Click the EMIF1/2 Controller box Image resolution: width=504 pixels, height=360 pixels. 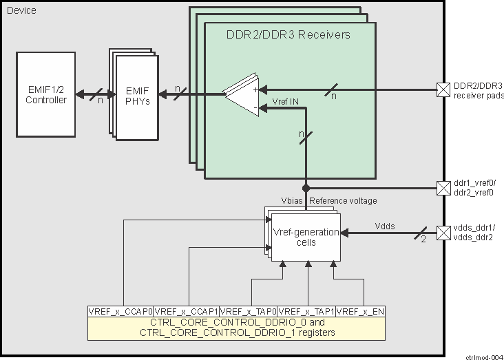point(46,94)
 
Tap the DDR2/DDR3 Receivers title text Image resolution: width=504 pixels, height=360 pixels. point(288,35)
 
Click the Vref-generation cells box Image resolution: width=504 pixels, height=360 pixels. point(305,237)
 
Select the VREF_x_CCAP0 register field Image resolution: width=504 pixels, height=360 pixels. point(120,312)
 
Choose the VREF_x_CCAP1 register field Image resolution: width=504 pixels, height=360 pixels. point(186,312)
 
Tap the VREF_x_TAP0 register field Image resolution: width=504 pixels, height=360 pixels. point(249,312)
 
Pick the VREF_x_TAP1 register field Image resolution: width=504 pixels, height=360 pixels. point(307,312)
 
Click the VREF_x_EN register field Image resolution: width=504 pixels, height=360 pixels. point(361,312)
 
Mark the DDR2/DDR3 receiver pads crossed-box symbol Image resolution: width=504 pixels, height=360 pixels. point(443,89)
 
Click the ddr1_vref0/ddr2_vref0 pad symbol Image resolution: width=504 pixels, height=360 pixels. point(443,187)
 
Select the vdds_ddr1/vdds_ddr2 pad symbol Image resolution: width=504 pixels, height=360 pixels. point(443,232)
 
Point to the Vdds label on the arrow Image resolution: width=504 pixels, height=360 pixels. point(386,225)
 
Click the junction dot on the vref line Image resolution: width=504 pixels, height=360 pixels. point(306,187)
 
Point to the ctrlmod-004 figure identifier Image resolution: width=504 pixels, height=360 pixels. point(483,356)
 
